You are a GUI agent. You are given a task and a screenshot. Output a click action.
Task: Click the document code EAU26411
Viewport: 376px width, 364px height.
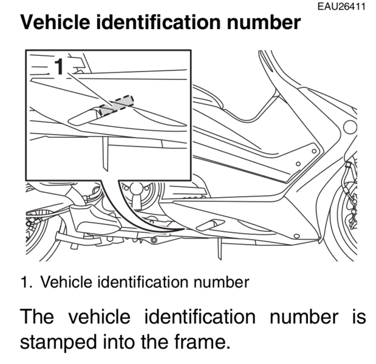(x=341, y=7)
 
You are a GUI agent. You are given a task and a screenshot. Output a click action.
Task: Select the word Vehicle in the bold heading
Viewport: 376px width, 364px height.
(x=55, y=22)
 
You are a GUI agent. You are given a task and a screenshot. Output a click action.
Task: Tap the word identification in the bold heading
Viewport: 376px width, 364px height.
(x=159, y=22)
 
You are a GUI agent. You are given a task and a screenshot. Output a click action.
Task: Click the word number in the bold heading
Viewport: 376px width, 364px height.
(x=263, y=22)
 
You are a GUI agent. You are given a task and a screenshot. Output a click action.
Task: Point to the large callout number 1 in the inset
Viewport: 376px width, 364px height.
(x=59, y=66)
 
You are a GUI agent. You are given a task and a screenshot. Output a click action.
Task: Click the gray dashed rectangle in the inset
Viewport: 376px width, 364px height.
(x=117, y=106)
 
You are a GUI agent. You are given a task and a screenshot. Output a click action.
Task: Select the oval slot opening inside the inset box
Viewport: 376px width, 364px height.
(x=84, y=116)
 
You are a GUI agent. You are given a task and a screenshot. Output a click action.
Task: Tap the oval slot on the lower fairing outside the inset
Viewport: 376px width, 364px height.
(x=210, y=225)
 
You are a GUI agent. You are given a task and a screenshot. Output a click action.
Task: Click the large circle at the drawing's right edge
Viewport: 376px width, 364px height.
(x=350, y=127)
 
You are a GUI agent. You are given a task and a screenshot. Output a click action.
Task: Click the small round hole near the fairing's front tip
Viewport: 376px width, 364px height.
(x=296, y=236)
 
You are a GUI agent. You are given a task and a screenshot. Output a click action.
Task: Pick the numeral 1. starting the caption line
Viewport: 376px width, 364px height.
(x=26, y=282)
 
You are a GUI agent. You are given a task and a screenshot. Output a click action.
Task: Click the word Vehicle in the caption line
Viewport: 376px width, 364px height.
(x=66, y=282)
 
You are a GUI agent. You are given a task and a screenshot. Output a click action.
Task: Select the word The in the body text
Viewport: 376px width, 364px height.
(x=36, y=317)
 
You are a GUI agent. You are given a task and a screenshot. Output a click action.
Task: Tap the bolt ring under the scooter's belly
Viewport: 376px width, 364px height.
(x=154, y=240)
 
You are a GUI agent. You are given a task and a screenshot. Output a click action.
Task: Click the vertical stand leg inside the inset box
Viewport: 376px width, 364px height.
(x=105, y=154)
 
